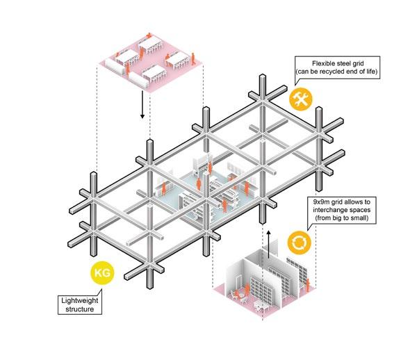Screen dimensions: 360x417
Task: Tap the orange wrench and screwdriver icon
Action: (301, 99)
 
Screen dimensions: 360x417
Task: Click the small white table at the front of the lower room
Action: (262, 304)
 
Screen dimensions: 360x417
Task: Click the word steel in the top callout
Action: (336, 62)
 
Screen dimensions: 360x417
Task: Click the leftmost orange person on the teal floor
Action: (164, 187)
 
